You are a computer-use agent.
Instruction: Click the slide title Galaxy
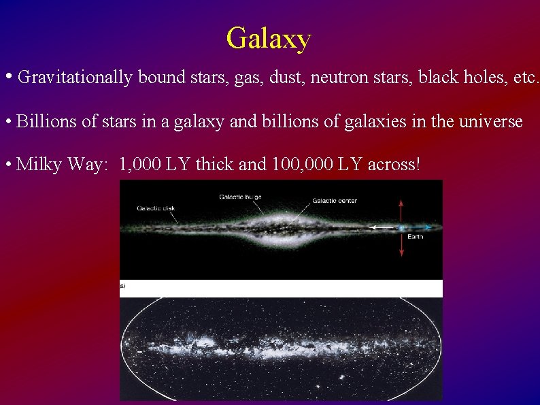click(x=269, y=38)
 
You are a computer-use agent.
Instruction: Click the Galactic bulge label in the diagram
click(x=240, y=197)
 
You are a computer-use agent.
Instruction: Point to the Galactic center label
click(x=335, y=201)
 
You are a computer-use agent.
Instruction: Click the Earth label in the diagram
click(x=415, y=237)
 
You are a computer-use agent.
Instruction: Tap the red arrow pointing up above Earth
click(x=401, y=210)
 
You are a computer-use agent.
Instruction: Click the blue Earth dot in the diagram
click(x=401, y=227)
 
